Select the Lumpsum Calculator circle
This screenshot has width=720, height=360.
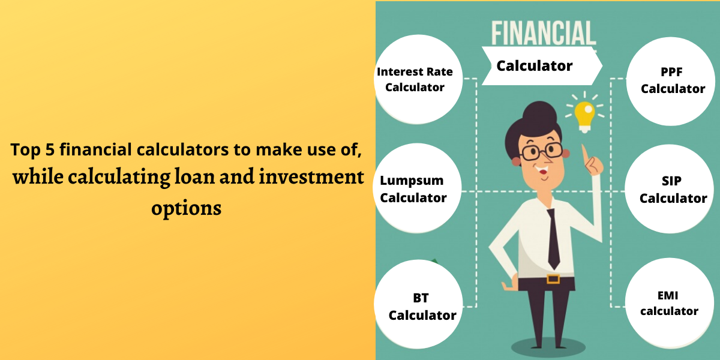(x=414, y=189)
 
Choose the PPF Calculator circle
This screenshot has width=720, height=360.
(x=672, y=80)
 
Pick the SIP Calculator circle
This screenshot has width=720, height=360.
(x=672, y=189)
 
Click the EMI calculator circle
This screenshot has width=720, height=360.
(x=669, y=303)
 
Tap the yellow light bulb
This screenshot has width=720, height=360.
(x=584, y=115)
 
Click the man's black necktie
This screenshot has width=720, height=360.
(x=553, y=237)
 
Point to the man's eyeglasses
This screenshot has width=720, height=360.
(x=540, y=150)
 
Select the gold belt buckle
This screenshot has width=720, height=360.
(x=553, y=278)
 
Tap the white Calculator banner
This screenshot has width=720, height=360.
(x=537, y=66)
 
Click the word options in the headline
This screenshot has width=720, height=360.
(x=186, y=208)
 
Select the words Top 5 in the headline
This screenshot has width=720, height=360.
(x=31, y=150)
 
